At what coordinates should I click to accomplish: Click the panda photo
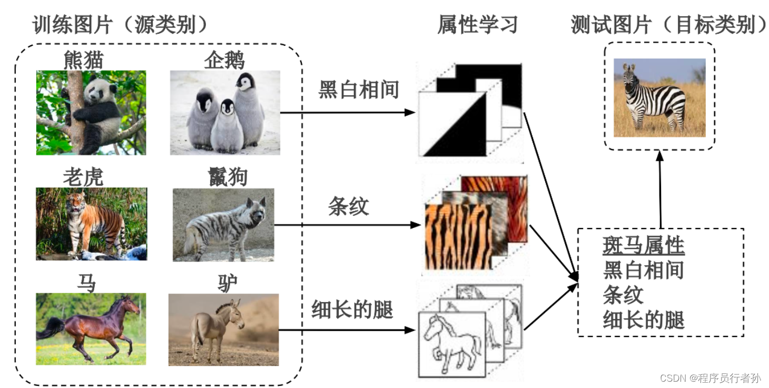click(91, 113)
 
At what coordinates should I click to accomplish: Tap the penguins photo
click(225, 113)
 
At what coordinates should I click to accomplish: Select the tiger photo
click(91, 224)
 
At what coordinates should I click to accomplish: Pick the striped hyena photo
click(223, 225)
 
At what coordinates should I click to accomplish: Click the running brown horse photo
click(91, 329)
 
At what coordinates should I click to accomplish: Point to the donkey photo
click(223, 330)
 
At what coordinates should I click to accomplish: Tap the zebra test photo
click(659, 97)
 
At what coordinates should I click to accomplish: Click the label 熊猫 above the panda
click(84, 60)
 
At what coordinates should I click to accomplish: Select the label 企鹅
click(224, 60)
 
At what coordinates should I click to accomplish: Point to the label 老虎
click(83, 177)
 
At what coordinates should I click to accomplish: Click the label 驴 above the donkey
click(227, 284)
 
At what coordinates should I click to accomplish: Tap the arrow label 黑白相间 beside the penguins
click(359, 90)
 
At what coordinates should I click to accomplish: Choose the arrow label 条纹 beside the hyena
click(348, 206)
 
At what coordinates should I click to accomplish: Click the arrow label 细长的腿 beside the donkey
click(352, 310)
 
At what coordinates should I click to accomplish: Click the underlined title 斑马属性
click(643, 246)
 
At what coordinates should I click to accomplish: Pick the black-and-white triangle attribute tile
click(452, 125)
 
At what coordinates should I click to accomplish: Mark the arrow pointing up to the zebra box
click(659, 190)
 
